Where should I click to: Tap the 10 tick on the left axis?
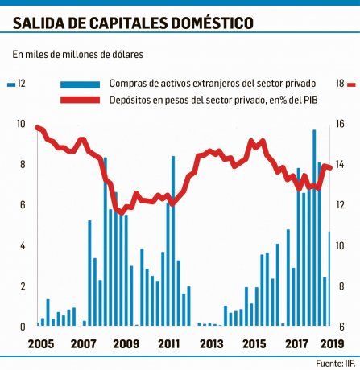click(x=21, y=124)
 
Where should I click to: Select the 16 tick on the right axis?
click(x=341, y=124)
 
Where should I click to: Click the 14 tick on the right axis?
click(x=341, y=165)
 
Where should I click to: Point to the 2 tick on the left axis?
click(x=21, y=286)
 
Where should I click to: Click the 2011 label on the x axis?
click(x=168, y=344)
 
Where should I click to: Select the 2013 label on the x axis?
click(x=211, y=344)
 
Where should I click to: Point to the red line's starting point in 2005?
click(x=37, y=127)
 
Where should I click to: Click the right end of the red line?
click(x=330, y=167)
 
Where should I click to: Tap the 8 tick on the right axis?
click(x=341, y=286)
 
